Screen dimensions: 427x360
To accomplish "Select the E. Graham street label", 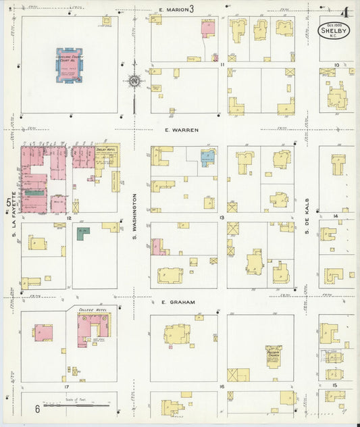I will (178, 302).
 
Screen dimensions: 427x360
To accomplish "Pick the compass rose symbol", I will (134, 82).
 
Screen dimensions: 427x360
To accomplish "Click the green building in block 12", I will (82, 234).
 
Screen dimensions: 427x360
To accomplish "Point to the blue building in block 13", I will (207, 158).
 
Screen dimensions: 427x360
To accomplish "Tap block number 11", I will (222, 64).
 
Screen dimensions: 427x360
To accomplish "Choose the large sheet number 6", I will (38, 409).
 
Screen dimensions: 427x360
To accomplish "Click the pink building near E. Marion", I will (207, 28).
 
